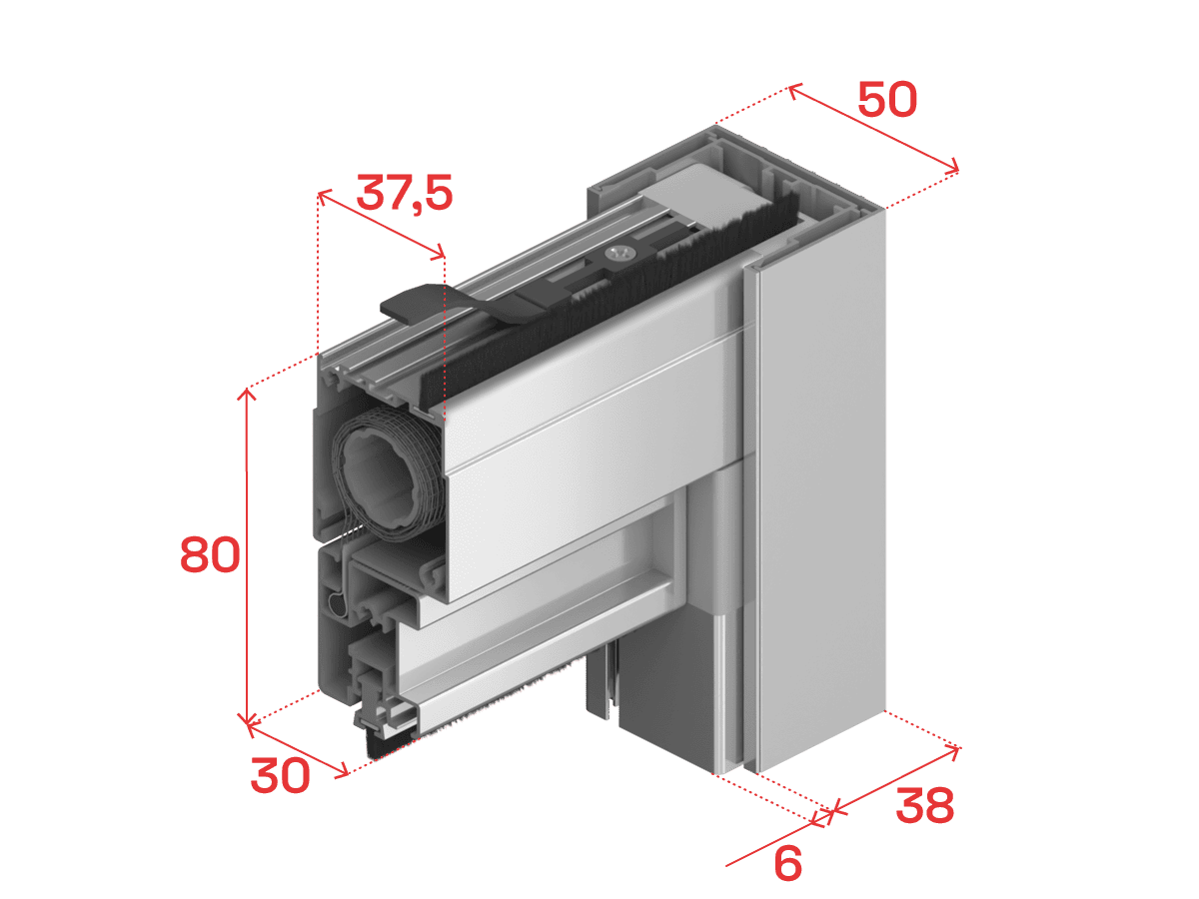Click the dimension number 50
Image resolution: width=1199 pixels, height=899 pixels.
click(x=887, y=99)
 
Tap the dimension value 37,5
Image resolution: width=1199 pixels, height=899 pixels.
click(x=405, y=193)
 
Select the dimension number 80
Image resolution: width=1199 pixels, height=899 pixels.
click(x=210, y=554)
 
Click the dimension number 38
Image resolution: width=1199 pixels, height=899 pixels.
click(x=925, y=805)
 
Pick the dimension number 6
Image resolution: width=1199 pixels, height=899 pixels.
click(x=787, y=863)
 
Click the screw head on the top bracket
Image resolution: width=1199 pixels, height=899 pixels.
click(x=620, y=254)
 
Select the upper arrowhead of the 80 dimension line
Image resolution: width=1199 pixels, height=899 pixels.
click(x=247, y=392)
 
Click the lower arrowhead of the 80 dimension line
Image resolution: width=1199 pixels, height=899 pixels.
click(x=247, y=721)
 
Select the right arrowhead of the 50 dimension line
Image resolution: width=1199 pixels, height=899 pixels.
click(x=952, y=166)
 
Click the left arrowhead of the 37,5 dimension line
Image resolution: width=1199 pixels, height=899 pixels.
click(x=323, y=195)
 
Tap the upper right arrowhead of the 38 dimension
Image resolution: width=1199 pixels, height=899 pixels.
click(x=954, y=751)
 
